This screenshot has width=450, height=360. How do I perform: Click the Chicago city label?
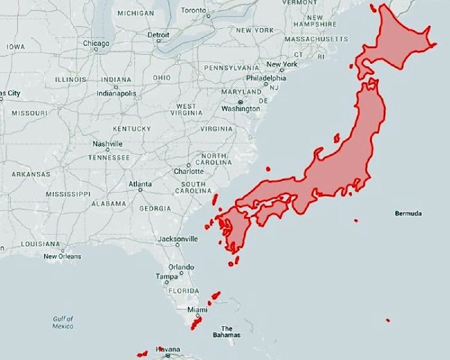click(x=96, y=43)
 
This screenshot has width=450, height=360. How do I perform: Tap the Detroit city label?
click(x=158, y=34)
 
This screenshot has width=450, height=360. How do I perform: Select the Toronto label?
click(x=193, y=11)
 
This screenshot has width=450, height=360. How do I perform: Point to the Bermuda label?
click(x=408, y=214)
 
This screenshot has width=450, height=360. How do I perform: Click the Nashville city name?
click(x=107, y=144)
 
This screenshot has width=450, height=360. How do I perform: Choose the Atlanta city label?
click(x=140, y=184)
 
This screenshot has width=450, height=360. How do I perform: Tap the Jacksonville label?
click(x=178, y=239)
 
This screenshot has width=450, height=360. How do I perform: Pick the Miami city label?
click(x=197, y=310)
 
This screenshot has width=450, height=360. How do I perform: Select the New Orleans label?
click(x=62, y=256)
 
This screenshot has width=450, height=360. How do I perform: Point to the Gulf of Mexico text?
click(x=63, y=322)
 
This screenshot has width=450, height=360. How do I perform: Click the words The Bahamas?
click(x=227, y=332)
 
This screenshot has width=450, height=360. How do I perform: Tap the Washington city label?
click(x=241, y=108)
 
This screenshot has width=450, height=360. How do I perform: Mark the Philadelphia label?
click(x=266, y=79)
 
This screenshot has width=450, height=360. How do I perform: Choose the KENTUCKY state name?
click(x=132, y=129)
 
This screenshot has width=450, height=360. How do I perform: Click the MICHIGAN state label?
click(x=136, y=13)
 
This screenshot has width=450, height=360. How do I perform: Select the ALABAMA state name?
click(x=109, y=204)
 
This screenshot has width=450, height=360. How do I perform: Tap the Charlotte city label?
click(x=188, y=171)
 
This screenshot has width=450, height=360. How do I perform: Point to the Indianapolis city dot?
click(x=116, y=87)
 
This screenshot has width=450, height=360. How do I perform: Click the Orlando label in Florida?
click(x=181, y=267)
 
